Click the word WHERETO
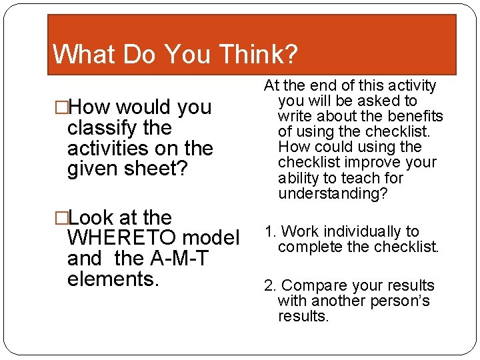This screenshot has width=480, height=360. click(x=122, y=238)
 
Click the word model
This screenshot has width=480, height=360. click(x=210, y=238)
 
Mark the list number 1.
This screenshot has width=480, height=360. click(x=269, y=232)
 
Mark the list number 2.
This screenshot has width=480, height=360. click(x=269, y=286)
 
